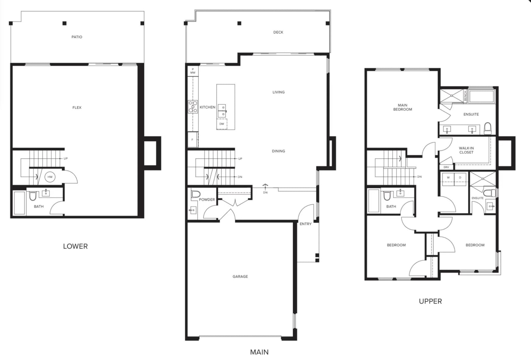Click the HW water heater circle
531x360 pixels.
click(x=50, y=177)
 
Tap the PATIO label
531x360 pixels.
click(x=77, y=37)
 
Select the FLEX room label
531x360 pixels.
click(x=77, y=108)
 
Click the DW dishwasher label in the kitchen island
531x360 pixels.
click(x=222, y=124)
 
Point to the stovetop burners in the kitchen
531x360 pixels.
click(x=193, y=107)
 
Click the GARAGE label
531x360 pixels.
click(x=240, y=276)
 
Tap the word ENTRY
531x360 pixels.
click(x=306, y=224)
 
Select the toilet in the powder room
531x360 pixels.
click(x=196, y=194)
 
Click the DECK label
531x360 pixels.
click(x=278, y=32)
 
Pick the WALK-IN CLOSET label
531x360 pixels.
click(x=466, y=150)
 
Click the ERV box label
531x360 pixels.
click(x=446, y=167)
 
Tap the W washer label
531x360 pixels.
click(x=448, y=178)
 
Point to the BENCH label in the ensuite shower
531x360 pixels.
click(x=465, y=96)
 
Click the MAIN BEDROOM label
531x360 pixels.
click(x=403, y=107)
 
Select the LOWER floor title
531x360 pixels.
click(x=75, y=247)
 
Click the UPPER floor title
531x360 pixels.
click(x=430, y=302)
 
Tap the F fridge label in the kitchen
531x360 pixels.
click(x=192, y=140)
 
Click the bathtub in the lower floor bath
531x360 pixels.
click(x=20, y=203)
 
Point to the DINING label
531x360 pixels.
click(x=278, y=151)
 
